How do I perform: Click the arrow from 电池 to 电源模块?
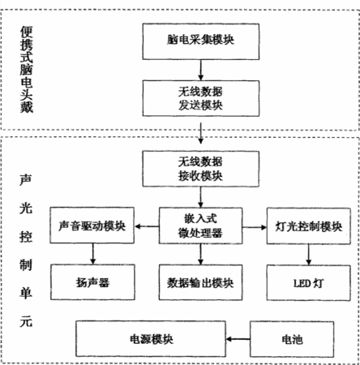click(238, 339)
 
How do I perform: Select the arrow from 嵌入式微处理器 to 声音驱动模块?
click(147, 226)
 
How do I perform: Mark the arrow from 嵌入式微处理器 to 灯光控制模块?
click(255, 227)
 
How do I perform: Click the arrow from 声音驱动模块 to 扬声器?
click(93, 254)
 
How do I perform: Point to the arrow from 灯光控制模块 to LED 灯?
click(309, 255)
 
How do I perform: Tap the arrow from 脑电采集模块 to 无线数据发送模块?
click(200, 70)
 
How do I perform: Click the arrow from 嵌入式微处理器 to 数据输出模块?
click(200, 255)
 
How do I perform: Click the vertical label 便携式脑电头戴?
click(27, 70)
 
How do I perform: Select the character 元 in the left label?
click(26, 322)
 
